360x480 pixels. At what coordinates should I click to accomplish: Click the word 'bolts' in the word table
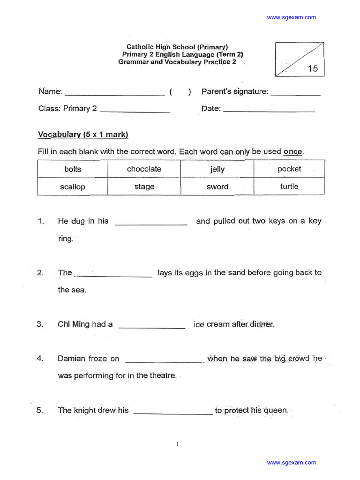point(73,169)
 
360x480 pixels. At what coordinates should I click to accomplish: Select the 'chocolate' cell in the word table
point(144,169)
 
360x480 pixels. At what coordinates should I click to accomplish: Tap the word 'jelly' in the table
point(217,169)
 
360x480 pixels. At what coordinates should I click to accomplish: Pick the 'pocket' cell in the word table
point(289,169)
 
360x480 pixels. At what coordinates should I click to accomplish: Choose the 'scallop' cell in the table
point(73,187)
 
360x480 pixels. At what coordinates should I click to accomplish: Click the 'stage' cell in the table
point(144,187)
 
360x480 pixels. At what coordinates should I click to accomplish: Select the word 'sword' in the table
point(217,187)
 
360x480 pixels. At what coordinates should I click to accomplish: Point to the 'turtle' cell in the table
point(289,186)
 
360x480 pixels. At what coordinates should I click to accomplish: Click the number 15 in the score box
point(313,68)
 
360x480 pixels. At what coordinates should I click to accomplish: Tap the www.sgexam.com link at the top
point(292,17)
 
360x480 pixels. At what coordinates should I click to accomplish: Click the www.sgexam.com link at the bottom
point(292,462)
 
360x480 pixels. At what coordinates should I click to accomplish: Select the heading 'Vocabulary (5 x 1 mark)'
point(83,135)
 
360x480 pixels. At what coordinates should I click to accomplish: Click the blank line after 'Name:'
point(114,94)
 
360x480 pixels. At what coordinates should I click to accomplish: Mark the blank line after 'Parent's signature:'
point(296,94)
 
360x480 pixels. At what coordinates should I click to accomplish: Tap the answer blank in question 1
point(151,224)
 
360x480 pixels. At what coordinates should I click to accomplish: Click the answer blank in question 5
point(173,413)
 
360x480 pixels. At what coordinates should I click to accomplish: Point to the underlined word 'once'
point(293,152)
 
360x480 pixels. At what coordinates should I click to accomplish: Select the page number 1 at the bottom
point(178,443)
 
